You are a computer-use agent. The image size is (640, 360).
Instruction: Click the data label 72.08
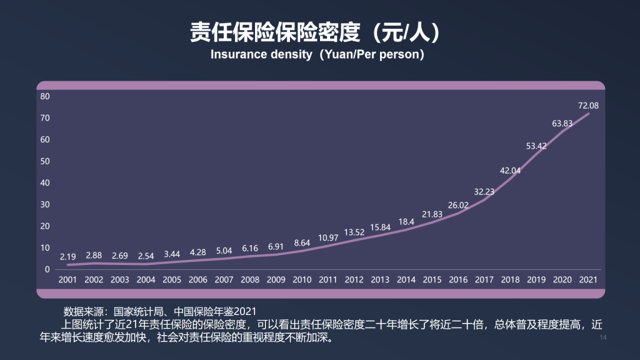(588, 105)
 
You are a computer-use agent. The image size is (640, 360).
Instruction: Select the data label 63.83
(562, 124)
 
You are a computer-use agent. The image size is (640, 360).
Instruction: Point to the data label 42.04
(510, 170)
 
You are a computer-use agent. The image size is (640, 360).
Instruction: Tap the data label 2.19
(68, 257)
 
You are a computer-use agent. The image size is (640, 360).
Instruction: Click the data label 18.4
(406, 221)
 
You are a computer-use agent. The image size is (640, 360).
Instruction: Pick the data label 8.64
(302, 242)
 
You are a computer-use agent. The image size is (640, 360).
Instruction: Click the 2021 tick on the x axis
(588, 279)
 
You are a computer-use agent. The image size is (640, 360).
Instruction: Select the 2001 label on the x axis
(68, 279)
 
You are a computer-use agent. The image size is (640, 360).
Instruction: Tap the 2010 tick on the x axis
(302, 279)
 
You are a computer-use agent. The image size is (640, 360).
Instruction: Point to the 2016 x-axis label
(458, 279)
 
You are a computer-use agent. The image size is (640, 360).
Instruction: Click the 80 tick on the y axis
(45, 96)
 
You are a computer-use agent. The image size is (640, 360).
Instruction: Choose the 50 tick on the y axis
(45, 161)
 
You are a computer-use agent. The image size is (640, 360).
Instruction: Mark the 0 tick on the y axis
(47, 269)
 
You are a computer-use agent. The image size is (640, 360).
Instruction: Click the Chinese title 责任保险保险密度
(276, 32)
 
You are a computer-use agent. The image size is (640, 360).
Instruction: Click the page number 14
(603, 338)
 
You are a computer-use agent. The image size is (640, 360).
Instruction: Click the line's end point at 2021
(588, 113)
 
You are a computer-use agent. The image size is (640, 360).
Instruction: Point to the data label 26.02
(458, 205)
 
